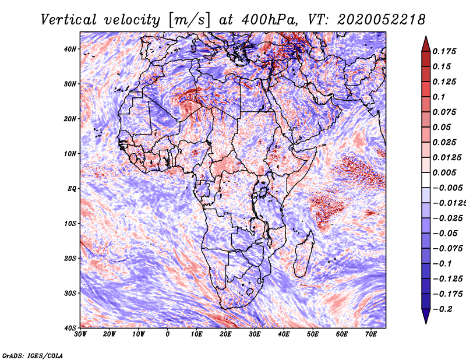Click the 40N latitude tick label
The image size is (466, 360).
coord(70,49)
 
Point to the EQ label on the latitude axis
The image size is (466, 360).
coord(72,189)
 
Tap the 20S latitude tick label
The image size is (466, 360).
coord(70,258)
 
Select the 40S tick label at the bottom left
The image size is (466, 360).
coord(70,328)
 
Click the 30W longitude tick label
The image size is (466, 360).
coord(80,334)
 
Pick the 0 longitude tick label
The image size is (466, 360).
coord(168,334)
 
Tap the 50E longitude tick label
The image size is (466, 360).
coord(313,334)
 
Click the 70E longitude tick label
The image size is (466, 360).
coord(371,334)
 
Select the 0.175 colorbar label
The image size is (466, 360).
coord(444,51)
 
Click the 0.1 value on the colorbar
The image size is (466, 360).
coord(439,97)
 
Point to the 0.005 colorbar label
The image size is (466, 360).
coord(444,172)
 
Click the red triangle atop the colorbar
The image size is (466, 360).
coord(426,45)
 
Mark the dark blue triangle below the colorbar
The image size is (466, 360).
coord(426,316)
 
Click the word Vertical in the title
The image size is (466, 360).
coord(69,20)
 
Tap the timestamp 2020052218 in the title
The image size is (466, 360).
coord(382,20)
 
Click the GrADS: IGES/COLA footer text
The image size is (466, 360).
coord(33,355)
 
